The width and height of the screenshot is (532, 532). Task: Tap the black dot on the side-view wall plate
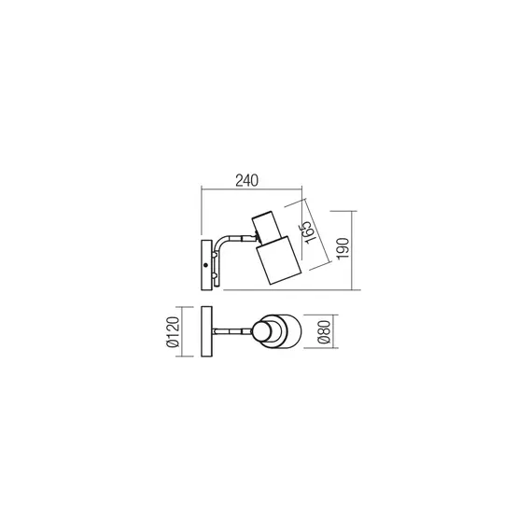click(x=207, y=266)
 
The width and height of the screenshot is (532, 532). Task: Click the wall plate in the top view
click(x=207, y=331)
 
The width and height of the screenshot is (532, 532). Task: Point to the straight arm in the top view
click(x=233, y=331)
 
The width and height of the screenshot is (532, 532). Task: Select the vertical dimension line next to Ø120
click(x=184, y=331)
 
